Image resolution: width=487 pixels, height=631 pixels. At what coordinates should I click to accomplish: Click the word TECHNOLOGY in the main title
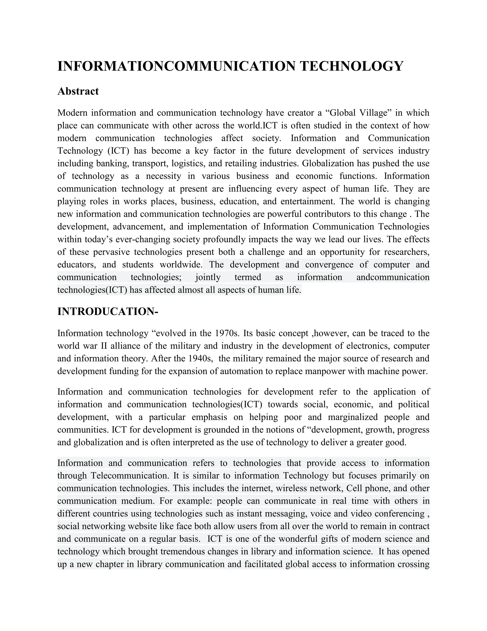(351, 66)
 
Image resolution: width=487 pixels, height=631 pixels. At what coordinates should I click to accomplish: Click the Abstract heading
(78, 91)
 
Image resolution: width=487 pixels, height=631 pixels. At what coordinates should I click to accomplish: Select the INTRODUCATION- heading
(108, 312)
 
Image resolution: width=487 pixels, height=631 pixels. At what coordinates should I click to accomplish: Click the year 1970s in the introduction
(228, 333)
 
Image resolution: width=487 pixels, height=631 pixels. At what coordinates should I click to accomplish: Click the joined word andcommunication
(393, 277)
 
